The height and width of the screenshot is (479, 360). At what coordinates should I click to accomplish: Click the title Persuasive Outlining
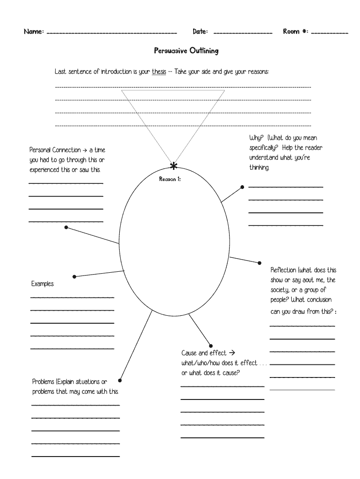click(186, 51)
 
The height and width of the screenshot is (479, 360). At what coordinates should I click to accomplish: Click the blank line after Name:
click(112, 33)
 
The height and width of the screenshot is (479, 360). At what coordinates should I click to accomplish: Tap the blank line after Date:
click(243, 33)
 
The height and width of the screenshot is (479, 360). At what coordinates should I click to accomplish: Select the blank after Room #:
click(329, 33)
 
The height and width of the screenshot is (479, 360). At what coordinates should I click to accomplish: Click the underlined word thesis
click(159, 73)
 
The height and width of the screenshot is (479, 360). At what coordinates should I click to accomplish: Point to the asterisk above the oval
click(174, 166)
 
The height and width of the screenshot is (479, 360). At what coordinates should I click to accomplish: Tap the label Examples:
click(43, 284)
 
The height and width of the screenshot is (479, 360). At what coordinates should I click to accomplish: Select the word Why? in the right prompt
click(256, 138)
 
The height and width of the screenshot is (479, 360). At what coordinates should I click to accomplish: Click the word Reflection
click(283, 270)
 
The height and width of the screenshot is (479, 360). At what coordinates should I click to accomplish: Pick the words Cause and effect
click(204, 353)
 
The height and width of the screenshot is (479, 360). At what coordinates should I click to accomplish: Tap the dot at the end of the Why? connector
click(242, 187)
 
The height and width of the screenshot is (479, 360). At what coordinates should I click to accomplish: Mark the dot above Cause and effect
click(211, 345)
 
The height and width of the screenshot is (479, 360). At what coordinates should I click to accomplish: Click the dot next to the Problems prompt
click(120, 380)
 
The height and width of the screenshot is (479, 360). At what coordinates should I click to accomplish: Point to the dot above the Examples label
click(74, 277)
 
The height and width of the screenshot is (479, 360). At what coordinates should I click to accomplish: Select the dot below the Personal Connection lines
click(66, 227)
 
